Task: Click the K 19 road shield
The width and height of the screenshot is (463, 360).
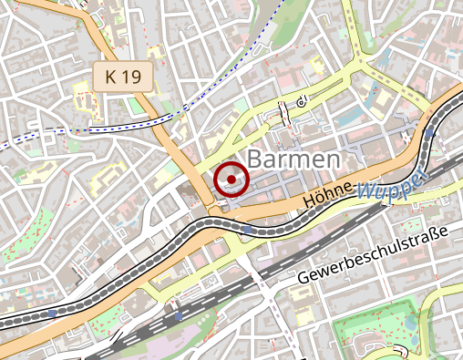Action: click(x=123, y=78)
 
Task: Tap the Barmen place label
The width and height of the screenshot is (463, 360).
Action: click(x=294, y=160)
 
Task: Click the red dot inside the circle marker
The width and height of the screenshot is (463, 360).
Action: click(x=231, y=180)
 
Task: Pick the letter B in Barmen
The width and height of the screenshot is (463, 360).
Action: click(x=256, y=160)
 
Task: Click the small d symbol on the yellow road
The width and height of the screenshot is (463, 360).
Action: click(x=301, y=101)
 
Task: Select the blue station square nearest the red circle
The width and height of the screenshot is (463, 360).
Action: click(x=245, y=230)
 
